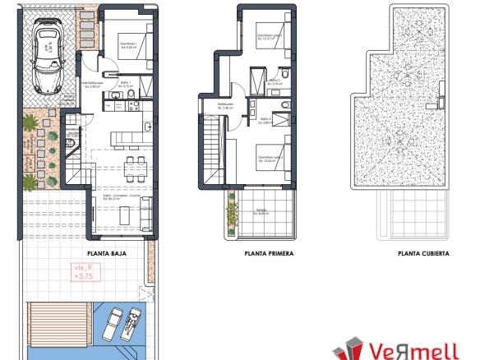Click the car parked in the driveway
46,58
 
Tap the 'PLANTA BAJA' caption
106,254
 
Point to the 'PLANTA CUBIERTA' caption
422,254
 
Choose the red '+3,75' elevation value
84,277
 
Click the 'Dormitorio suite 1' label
270,35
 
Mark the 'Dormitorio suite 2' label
270,158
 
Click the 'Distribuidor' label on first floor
226,104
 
